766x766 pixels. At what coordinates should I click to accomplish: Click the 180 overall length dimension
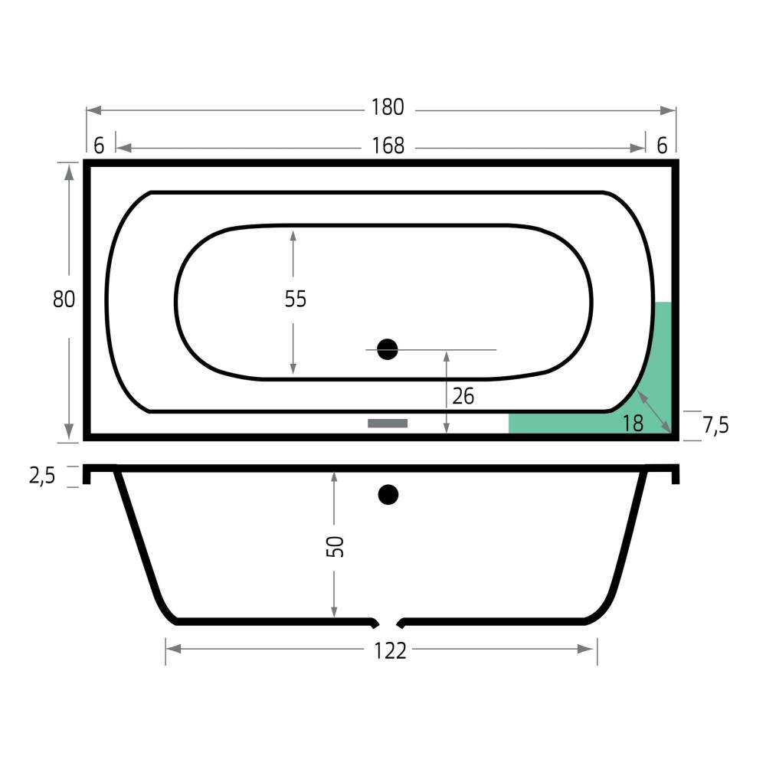click(x=388, y=107)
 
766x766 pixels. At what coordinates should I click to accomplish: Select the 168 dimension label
click(x=388, y=146)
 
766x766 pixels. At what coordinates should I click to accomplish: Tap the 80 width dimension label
click(x=64, y=299)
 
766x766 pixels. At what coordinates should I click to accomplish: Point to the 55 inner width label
click(x=296, y=299)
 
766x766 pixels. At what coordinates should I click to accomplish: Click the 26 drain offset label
click(x=463, y=396)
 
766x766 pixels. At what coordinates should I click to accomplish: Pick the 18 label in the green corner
click(x=633, y=424)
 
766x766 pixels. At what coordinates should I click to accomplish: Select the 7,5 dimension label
click(x=715, y=425)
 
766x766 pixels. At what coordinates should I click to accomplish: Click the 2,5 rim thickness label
click(x=42, y=476)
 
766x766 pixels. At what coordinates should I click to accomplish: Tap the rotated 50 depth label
click(x=336, y=547)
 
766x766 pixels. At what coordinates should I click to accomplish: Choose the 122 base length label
click(x=390, y=650)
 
